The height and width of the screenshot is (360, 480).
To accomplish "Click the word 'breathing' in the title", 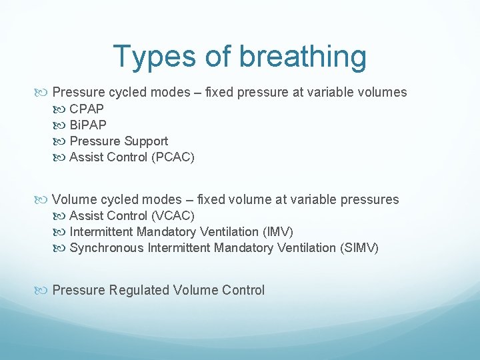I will [303, 57].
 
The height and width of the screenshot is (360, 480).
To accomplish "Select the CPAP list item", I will [87, 109].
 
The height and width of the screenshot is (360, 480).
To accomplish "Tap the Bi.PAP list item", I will [88, 125].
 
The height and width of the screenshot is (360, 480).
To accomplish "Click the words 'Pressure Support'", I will [119, 141].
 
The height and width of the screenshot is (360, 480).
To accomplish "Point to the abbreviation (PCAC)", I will [172, 157].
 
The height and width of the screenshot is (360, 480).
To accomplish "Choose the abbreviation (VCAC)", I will [172, 216].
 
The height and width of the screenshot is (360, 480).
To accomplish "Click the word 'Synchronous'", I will [107, 248].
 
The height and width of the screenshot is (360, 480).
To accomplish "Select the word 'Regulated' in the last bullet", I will [139, 290].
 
